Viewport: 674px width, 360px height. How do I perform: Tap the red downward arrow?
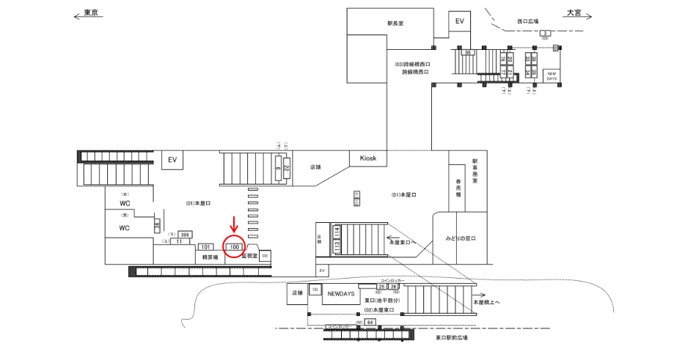[x=234, y=224]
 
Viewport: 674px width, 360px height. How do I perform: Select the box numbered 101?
[x=206, y=247]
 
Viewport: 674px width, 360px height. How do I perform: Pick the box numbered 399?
[x=185, y=235]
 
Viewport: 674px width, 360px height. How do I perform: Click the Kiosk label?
[x=368, y=158]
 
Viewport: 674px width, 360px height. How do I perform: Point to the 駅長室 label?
[x=395, y=23]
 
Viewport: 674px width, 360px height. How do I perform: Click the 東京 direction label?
[x=92, y=13]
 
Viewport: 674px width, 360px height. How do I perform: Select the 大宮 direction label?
[x=573, y=13]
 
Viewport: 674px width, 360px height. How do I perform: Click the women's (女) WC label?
[x=124, y=202]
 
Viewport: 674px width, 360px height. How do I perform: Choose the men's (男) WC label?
[x=124, y=228]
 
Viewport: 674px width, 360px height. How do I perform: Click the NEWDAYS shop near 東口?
[x=340, y=293]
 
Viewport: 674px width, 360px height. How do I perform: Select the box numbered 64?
[x=370, y=322]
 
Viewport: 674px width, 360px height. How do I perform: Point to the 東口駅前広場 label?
[x=451, y=338]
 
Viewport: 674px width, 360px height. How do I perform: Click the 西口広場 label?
[x=527, y=21]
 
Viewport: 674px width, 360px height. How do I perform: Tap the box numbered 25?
[x=382, y=287]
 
